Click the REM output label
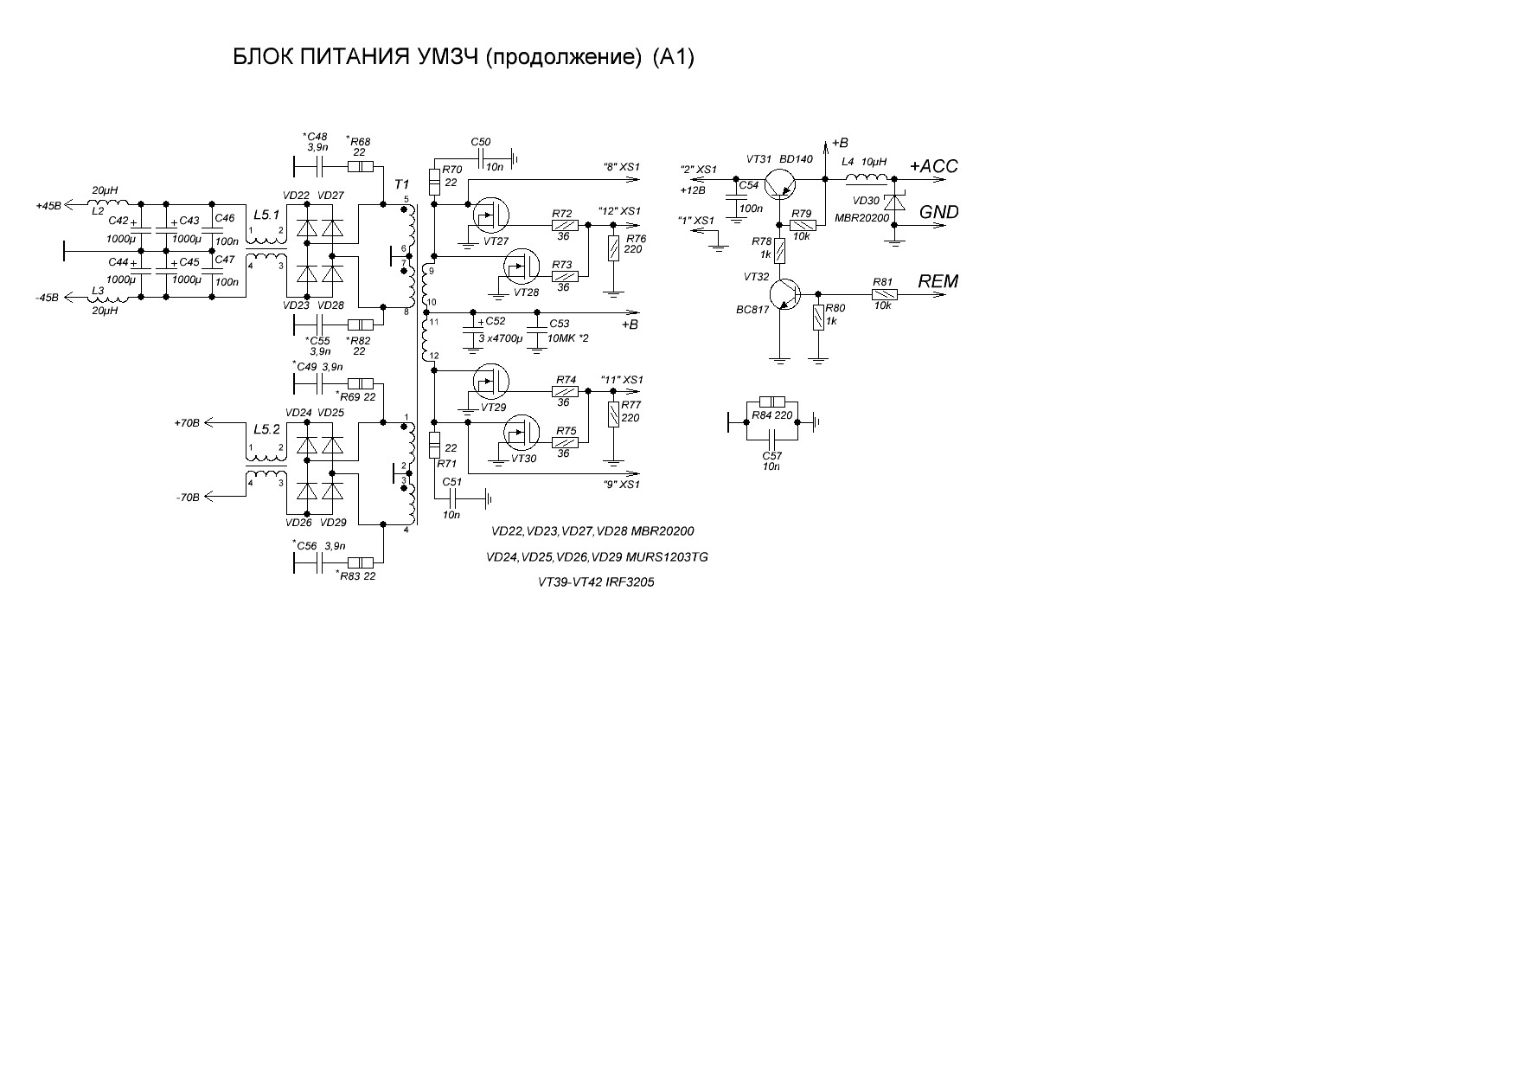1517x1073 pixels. (x=938, y=281)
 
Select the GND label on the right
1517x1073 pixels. (x=938, y=212)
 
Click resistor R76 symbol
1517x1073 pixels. (x=613, y=248)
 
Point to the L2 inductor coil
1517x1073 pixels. (x=107, y=202)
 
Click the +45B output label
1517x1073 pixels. (x=48, y=206)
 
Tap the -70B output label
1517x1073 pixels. (x=187, y=498)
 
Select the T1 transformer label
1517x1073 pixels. (x=401, y=185)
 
